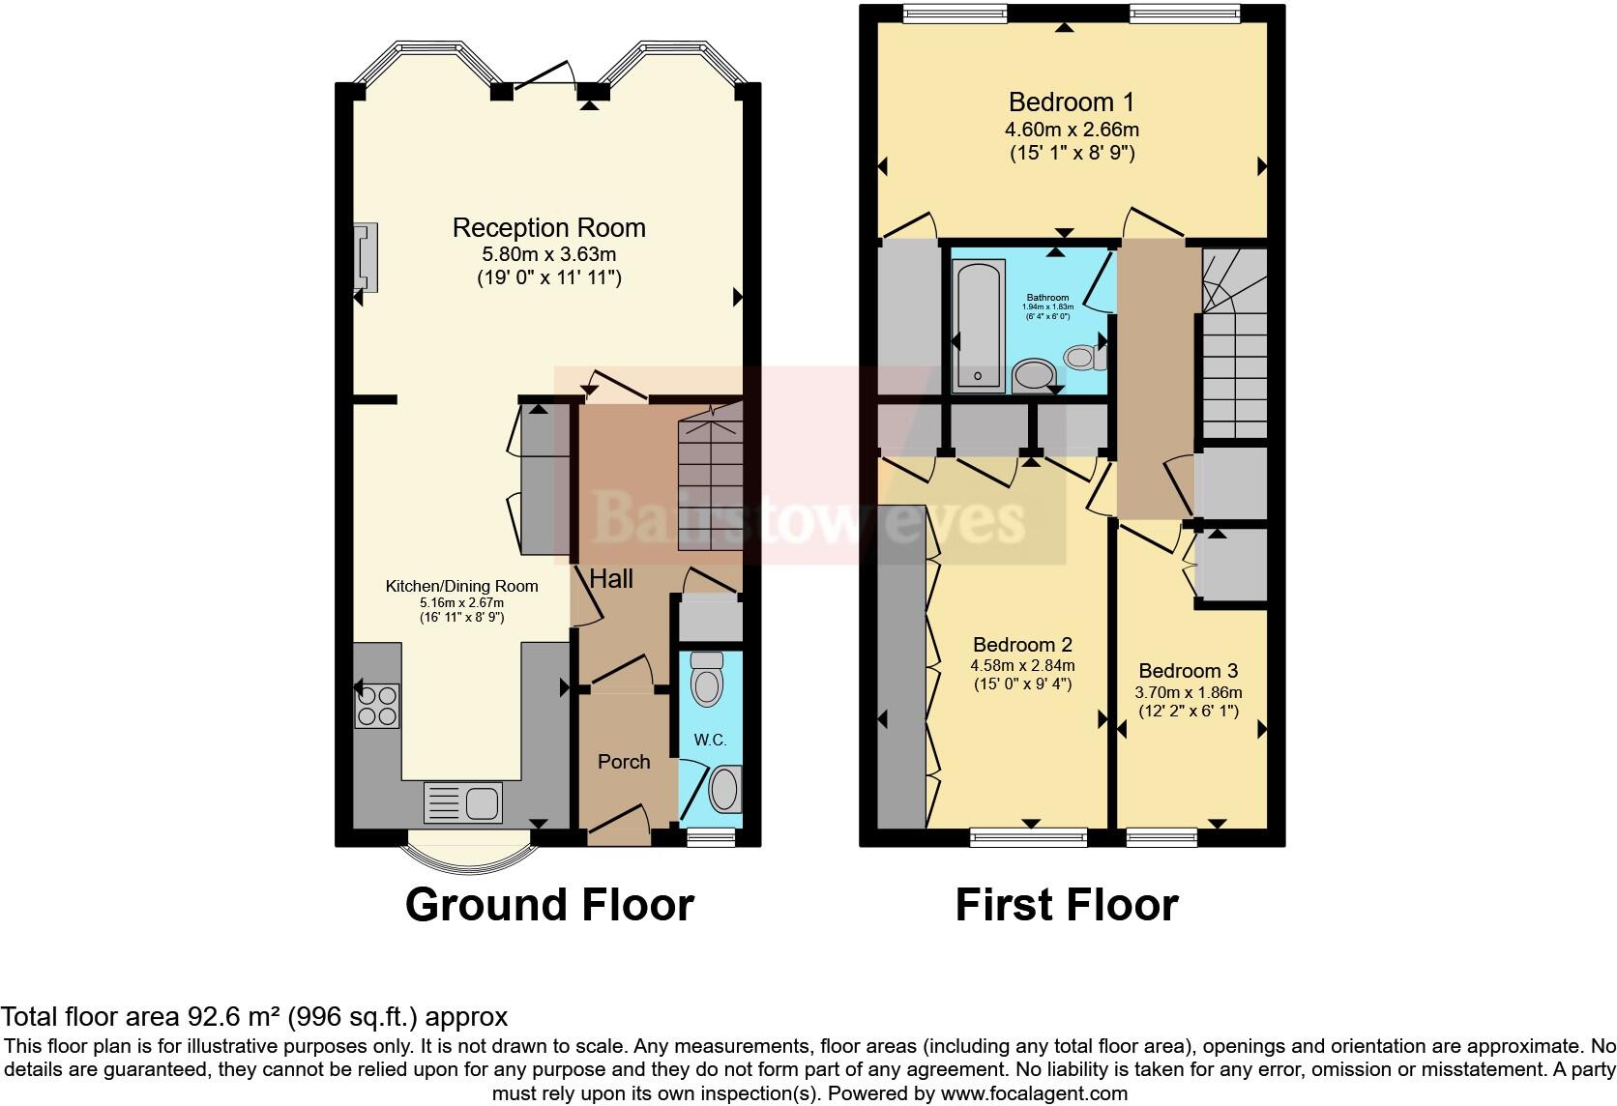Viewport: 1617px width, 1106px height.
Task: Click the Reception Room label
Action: click(548, 228)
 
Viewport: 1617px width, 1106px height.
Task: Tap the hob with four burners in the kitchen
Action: click(377, 705)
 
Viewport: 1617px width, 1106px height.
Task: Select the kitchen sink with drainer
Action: click(462, 802)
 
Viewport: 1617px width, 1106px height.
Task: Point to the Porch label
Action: click(624, 762)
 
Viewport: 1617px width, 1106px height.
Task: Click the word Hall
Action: click(611, 579)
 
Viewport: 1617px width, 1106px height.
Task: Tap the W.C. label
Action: click(710, 740)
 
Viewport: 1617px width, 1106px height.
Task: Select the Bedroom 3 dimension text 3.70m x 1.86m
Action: click(1188, 692)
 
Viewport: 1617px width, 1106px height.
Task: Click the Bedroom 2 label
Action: click(1022, 645)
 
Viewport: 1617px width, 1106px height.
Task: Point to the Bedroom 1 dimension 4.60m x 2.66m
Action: click(1072, 129)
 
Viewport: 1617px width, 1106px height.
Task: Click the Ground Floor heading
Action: click(549, 905)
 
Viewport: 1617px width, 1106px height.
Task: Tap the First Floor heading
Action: click(1067, 905)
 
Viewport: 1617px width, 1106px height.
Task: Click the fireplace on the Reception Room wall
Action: click(366, 256)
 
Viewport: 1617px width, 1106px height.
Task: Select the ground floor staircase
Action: click(710, 483)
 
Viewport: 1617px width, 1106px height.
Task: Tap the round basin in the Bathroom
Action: click(1035, 375)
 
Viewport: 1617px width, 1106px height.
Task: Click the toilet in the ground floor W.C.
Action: click(708, 681)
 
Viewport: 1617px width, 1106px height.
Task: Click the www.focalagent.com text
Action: click(1032, 1093)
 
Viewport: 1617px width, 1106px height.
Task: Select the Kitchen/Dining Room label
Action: click(461, 586)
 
